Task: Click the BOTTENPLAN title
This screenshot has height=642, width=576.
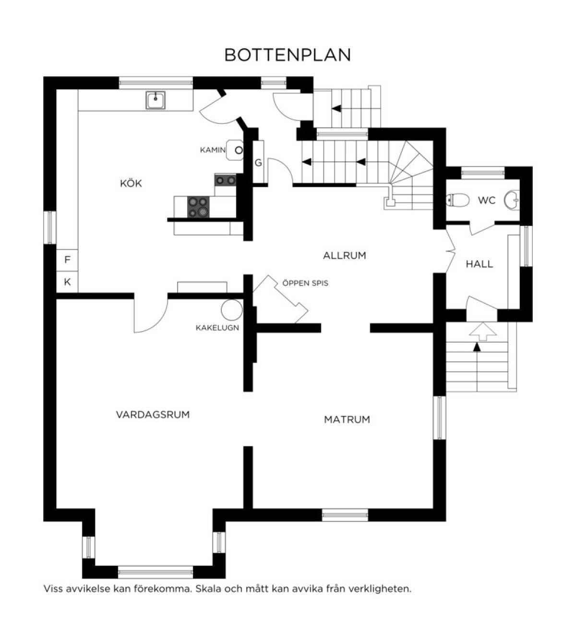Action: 288,55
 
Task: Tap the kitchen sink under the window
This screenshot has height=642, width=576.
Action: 156,100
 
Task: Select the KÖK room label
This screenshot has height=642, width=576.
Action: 131,183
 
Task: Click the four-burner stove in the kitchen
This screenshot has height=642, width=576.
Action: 198,207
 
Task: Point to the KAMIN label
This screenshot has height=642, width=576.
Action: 213,150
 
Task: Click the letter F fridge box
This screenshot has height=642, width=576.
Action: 67,260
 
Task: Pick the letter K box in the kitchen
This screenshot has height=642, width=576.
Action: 67,282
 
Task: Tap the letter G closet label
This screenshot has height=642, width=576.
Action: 258,163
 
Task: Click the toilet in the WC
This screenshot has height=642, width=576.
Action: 457,200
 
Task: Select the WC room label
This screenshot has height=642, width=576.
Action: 487,200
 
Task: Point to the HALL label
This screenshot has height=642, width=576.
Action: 480,264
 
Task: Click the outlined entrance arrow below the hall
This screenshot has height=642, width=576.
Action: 482,331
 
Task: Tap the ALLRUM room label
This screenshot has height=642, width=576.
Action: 345,255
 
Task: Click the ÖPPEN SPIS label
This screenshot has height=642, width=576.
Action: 305,283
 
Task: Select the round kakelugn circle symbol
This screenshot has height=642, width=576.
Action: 232,309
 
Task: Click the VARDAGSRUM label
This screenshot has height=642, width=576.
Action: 153,415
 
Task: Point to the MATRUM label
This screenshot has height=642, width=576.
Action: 347,419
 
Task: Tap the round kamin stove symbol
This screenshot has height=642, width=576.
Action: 239,150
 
